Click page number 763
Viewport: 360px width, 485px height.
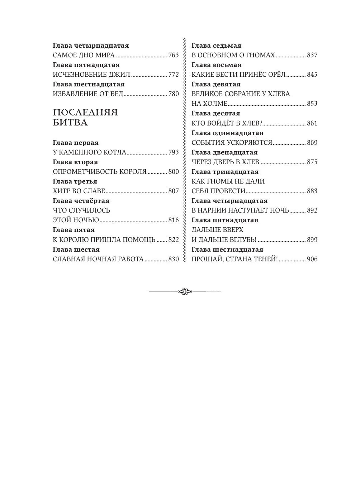(173, 55)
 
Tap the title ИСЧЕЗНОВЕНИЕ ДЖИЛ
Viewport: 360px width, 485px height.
(91, 75)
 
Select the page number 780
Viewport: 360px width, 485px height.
(173, 94)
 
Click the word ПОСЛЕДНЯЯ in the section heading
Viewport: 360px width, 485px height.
(85, 113)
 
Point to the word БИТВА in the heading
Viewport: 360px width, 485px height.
(70, 123)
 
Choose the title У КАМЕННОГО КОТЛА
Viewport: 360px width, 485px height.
(89, 152)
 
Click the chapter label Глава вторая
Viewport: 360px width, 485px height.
(75, 162)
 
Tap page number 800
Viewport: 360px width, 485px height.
(173, 172)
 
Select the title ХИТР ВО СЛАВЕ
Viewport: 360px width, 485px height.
(79, 191)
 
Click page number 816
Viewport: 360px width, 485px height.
(173, 220)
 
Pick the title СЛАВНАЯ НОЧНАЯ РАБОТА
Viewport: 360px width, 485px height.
(98, 259)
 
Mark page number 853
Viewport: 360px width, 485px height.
(312, 104)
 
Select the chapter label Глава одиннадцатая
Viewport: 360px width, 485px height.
(227, 133)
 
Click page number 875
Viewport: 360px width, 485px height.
(312, 162)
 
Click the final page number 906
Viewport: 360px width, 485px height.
(312, 259)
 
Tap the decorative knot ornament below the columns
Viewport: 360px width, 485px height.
(185, 291)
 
